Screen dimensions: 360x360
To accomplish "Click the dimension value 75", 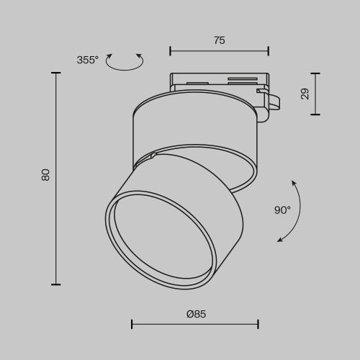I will click(219, 40).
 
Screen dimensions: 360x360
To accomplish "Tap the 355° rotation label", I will click(87, 60).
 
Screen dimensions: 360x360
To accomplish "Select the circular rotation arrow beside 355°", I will click(125, 63).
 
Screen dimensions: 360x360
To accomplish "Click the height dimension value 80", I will click(45, 175).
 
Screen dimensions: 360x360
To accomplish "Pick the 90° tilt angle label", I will click(282, 210).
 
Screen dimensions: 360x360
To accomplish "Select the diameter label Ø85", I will click(197, 314).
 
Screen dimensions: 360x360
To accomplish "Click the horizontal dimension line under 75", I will click(219, 50).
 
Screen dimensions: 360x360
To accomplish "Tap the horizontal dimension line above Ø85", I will click(195, 324).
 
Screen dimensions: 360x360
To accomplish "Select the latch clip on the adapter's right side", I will click(272, 103).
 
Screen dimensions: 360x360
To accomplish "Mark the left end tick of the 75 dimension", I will click(170, 50).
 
